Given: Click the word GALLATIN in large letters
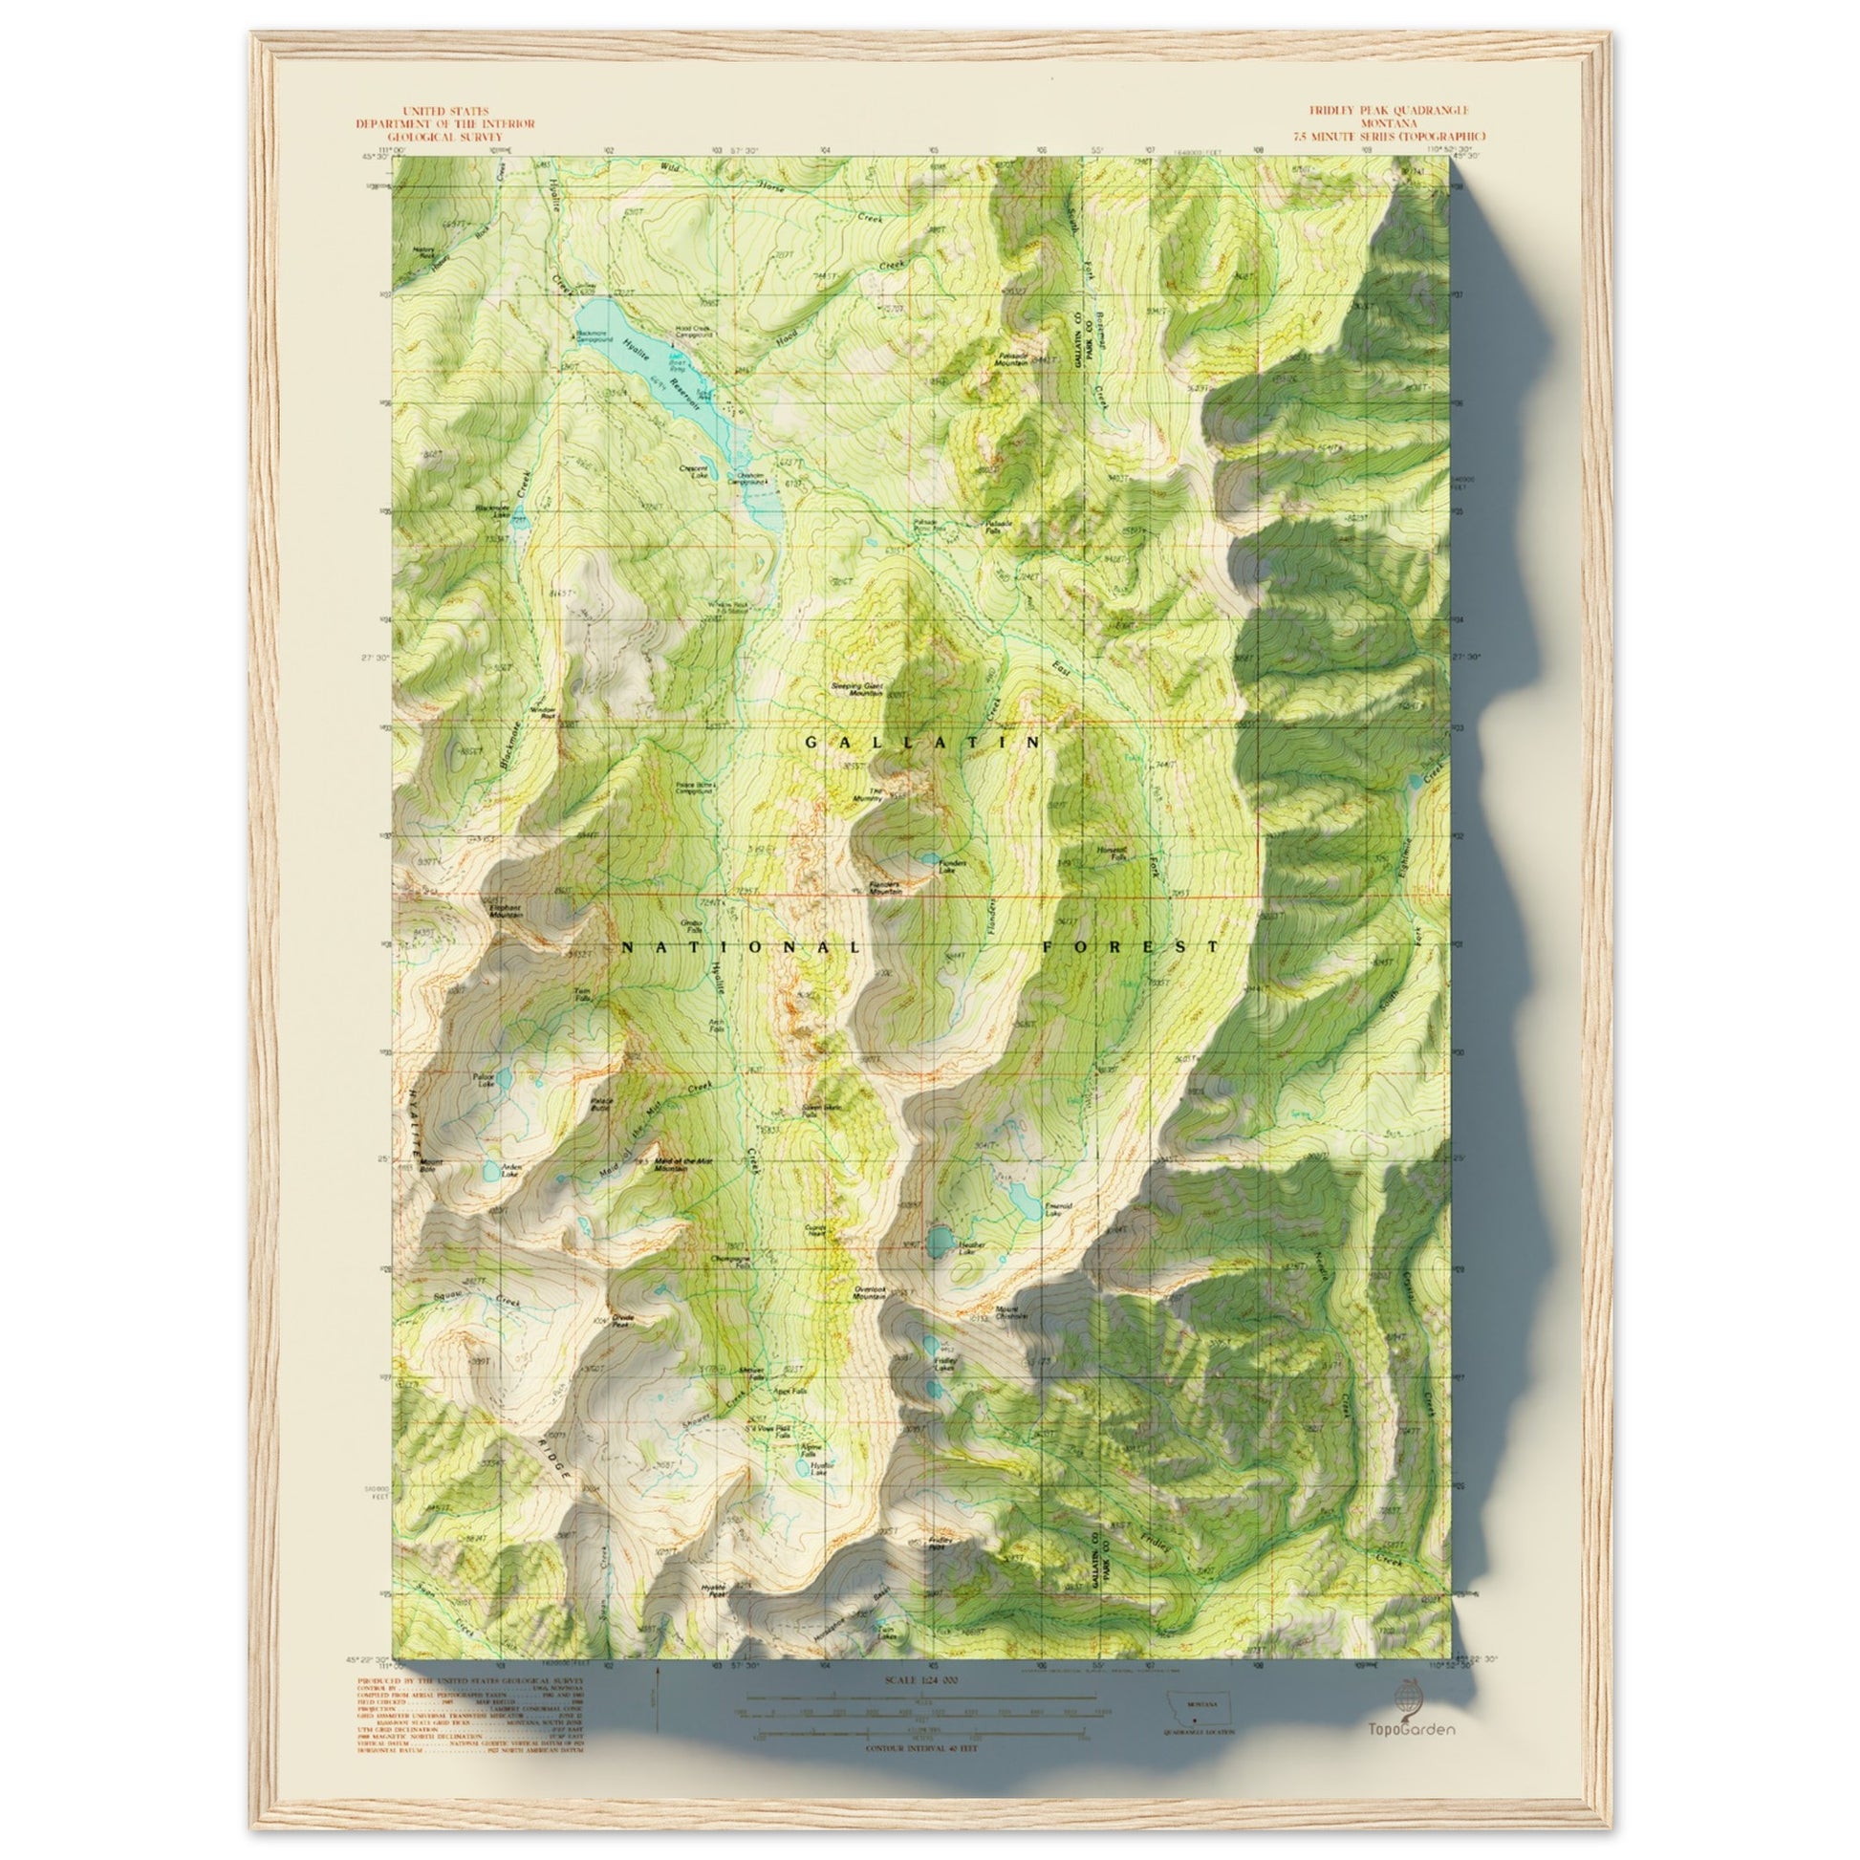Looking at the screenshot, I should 923,743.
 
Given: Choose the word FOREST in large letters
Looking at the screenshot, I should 1132,947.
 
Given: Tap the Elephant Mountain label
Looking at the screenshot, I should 506,909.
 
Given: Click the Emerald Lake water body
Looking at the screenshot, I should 1024,1199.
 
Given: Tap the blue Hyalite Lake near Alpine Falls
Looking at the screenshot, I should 802,1495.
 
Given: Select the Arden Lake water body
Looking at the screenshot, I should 491,1170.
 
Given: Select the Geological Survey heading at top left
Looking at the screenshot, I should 444,137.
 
